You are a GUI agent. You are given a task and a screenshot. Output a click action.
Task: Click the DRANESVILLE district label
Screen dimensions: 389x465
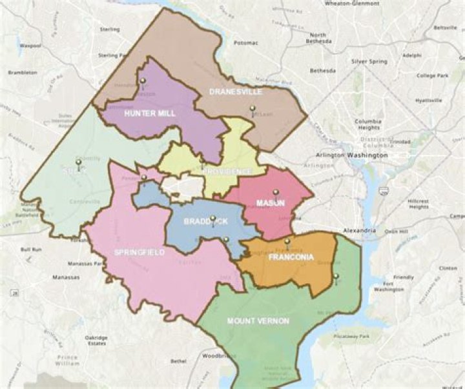pos(235,92)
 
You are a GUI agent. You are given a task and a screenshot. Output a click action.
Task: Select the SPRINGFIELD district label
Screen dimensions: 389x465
pos(139,252)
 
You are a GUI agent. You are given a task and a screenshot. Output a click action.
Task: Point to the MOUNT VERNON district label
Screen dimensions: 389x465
pos(258,321)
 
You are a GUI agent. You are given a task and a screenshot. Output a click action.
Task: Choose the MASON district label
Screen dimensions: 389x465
pos(271,203)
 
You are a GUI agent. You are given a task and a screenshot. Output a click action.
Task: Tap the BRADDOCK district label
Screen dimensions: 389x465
pos(205,221)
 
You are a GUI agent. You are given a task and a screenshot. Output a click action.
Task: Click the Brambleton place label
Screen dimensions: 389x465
pos(23,72)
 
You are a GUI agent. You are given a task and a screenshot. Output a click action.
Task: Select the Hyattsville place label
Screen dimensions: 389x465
pos(428,101)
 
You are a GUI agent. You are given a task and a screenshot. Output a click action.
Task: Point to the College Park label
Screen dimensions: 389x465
pos(431,75)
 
